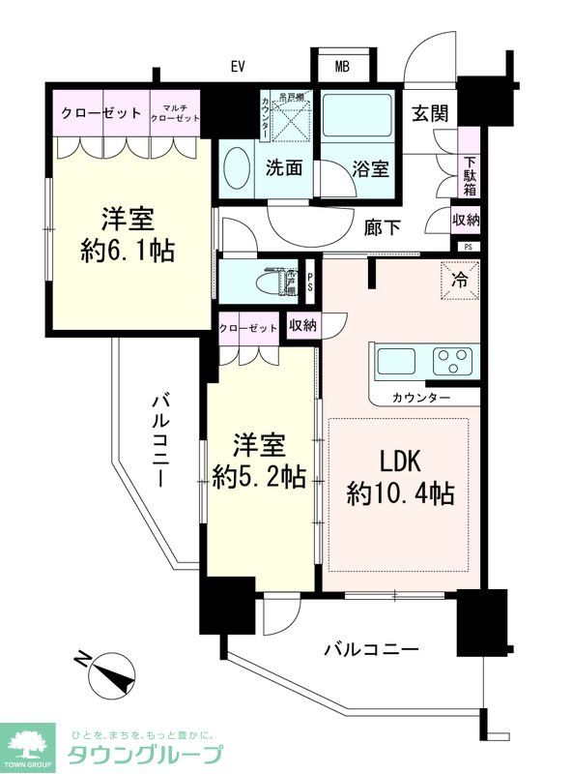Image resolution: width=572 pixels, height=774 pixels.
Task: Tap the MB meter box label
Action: (342, 67)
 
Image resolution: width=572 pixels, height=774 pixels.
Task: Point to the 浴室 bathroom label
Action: (371, 168)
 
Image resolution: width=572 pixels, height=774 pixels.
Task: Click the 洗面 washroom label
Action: (285, 167)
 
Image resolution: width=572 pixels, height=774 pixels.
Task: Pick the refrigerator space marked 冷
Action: (459, 282)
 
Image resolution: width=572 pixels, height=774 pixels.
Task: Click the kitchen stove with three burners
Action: (450, 361)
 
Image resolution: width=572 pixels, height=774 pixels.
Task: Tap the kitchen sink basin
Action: (396, 361)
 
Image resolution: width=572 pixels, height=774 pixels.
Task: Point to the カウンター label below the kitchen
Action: (421, 398)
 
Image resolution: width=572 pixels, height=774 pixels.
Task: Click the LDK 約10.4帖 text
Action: (400, 478)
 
